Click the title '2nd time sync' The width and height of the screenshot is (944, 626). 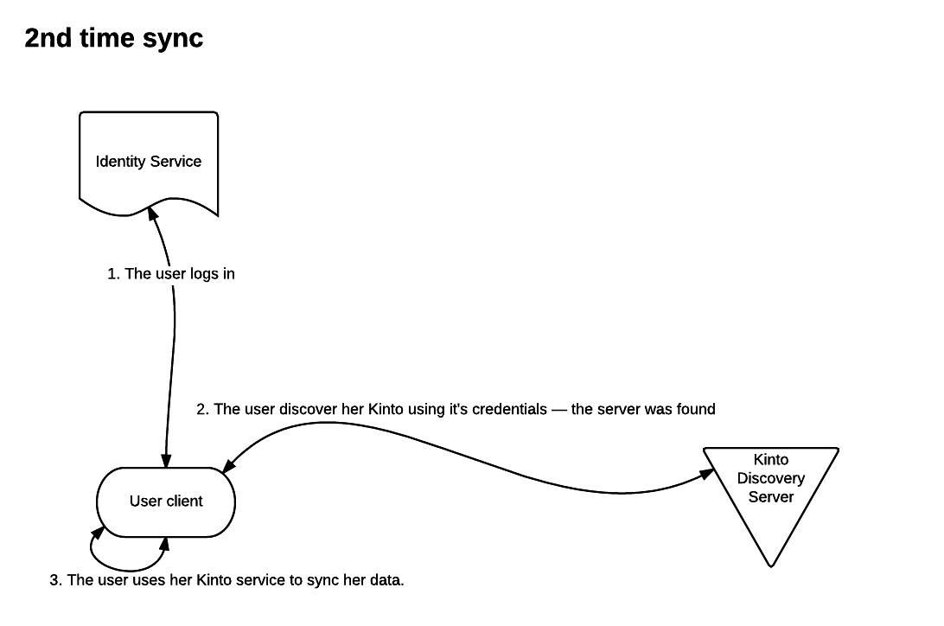113,38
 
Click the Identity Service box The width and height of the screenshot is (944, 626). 148,161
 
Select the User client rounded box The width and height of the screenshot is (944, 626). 165,501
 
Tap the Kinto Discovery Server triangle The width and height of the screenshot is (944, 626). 769,489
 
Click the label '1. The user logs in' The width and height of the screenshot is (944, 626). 171,274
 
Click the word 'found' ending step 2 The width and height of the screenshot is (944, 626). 696,409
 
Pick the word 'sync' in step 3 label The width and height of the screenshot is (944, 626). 322,580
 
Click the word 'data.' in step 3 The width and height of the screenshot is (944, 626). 387,580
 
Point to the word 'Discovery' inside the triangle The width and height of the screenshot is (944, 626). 770,478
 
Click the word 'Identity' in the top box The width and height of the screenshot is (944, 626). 120,162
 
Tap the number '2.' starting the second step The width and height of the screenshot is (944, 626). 203,409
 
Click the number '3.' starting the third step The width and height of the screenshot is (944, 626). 56,580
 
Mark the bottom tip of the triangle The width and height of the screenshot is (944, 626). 770,565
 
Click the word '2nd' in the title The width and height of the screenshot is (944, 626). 46,38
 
